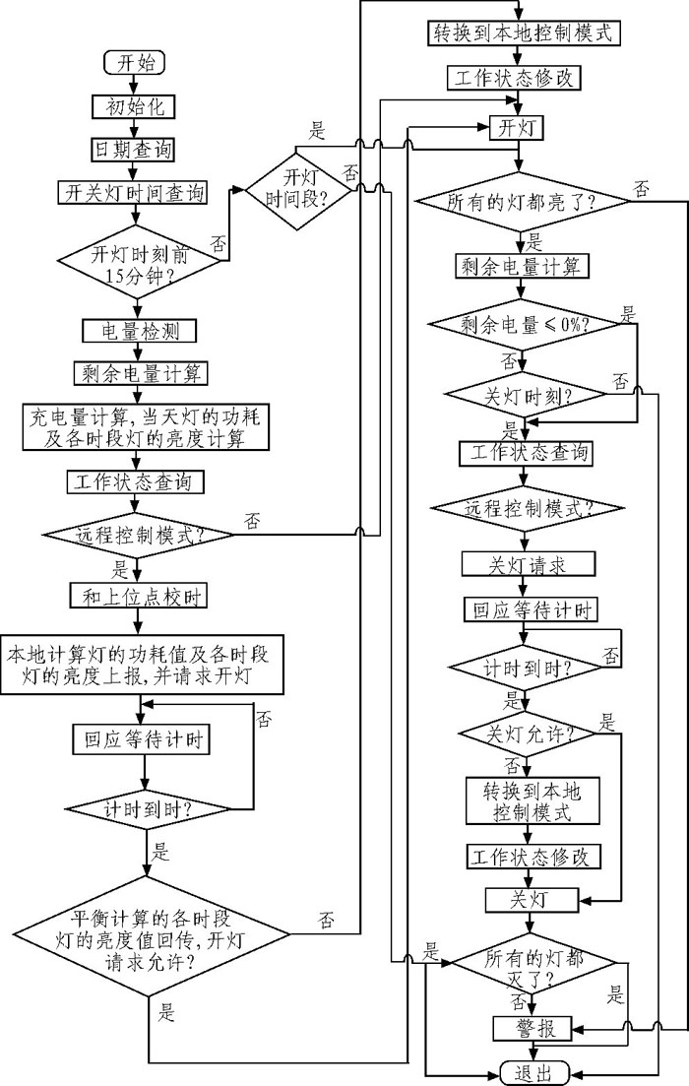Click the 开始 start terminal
135,62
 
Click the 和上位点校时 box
136,596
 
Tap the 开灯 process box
516,126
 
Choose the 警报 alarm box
532,1028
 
